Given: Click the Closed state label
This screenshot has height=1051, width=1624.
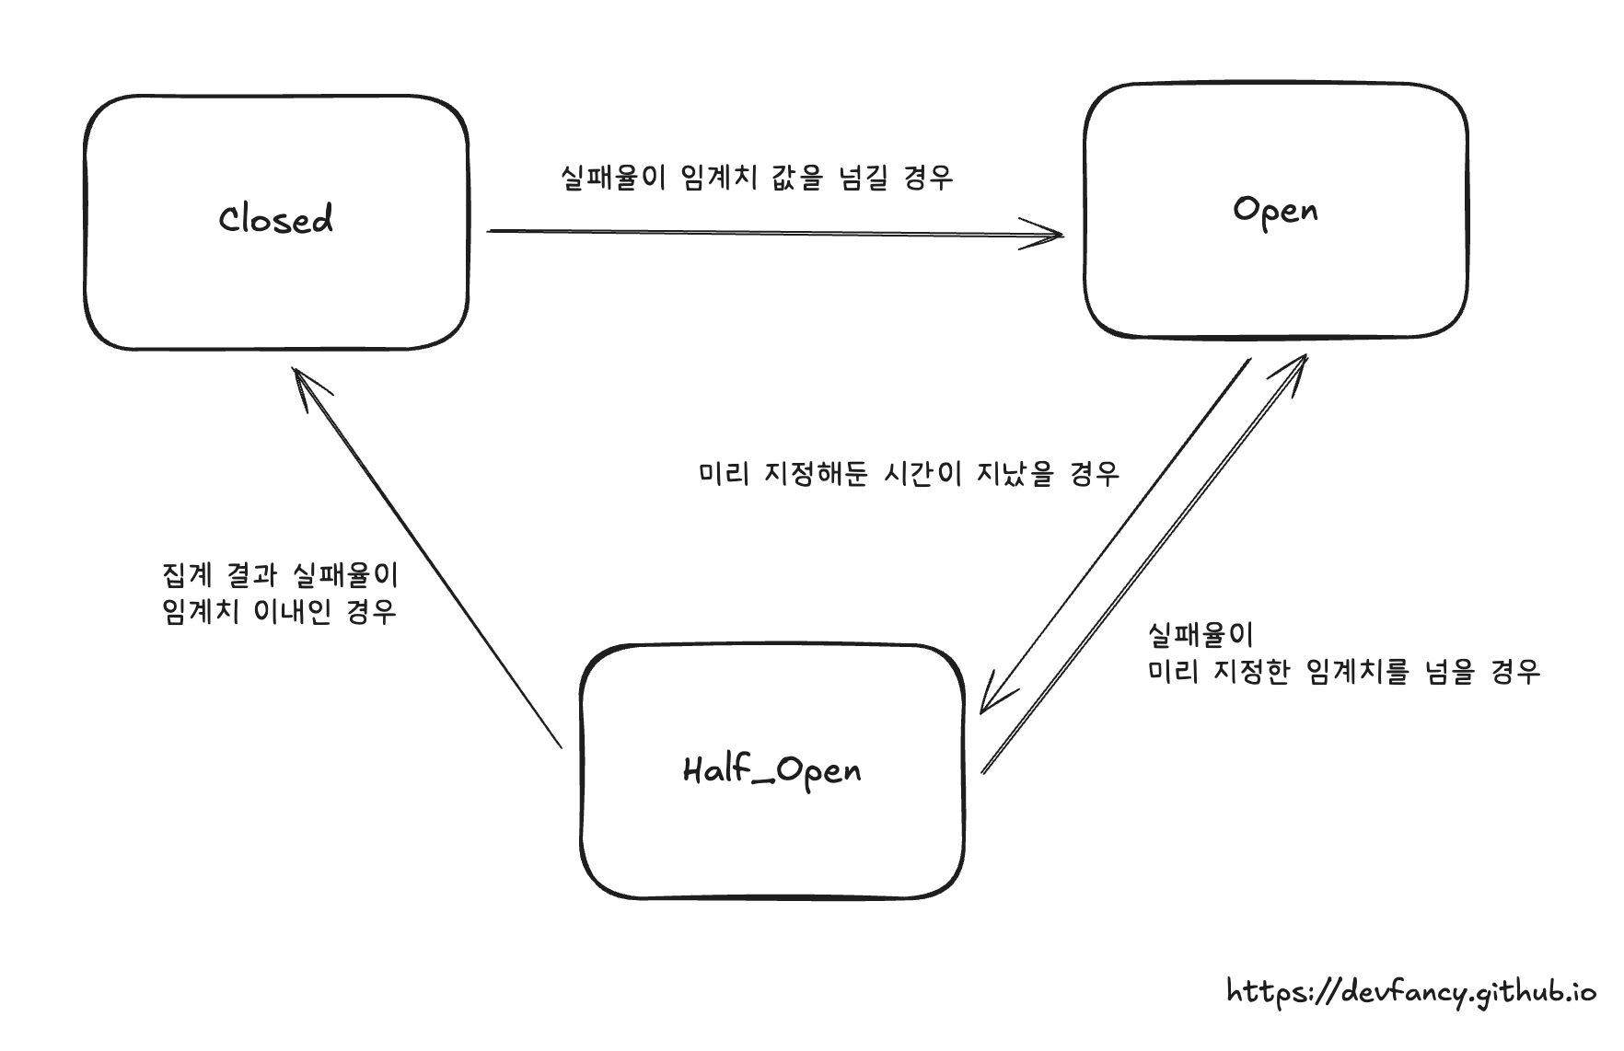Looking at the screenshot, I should [276, 219].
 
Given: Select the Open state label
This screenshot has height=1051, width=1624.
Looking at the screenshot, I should [1275, 211].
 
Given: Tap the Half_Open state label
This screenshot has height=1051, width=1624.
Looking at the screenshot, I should [771, 769].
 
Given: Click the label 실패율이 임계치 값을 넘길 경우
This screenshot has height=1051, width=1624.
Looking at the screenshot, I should [757, 177].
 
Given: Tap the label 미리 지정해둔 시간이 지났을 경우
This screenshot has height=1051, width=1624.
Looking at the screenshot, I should [909, 473].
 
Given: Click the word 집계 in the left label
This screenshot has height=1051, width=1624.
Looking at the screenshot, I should [187, 575].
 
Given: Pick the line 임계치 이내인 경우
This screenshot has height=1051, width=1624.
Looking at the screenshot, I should [279, 611].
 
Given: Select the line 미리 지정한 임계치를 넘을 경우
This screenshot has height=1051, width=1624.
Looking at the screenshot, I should [1344, 671].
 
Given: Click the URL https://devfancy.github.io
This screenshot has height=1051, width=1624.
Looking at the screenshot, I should [1411, 992].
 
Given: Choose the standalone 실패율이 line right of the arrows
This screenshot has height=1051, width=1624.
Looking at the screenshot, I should [1201, 633].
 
